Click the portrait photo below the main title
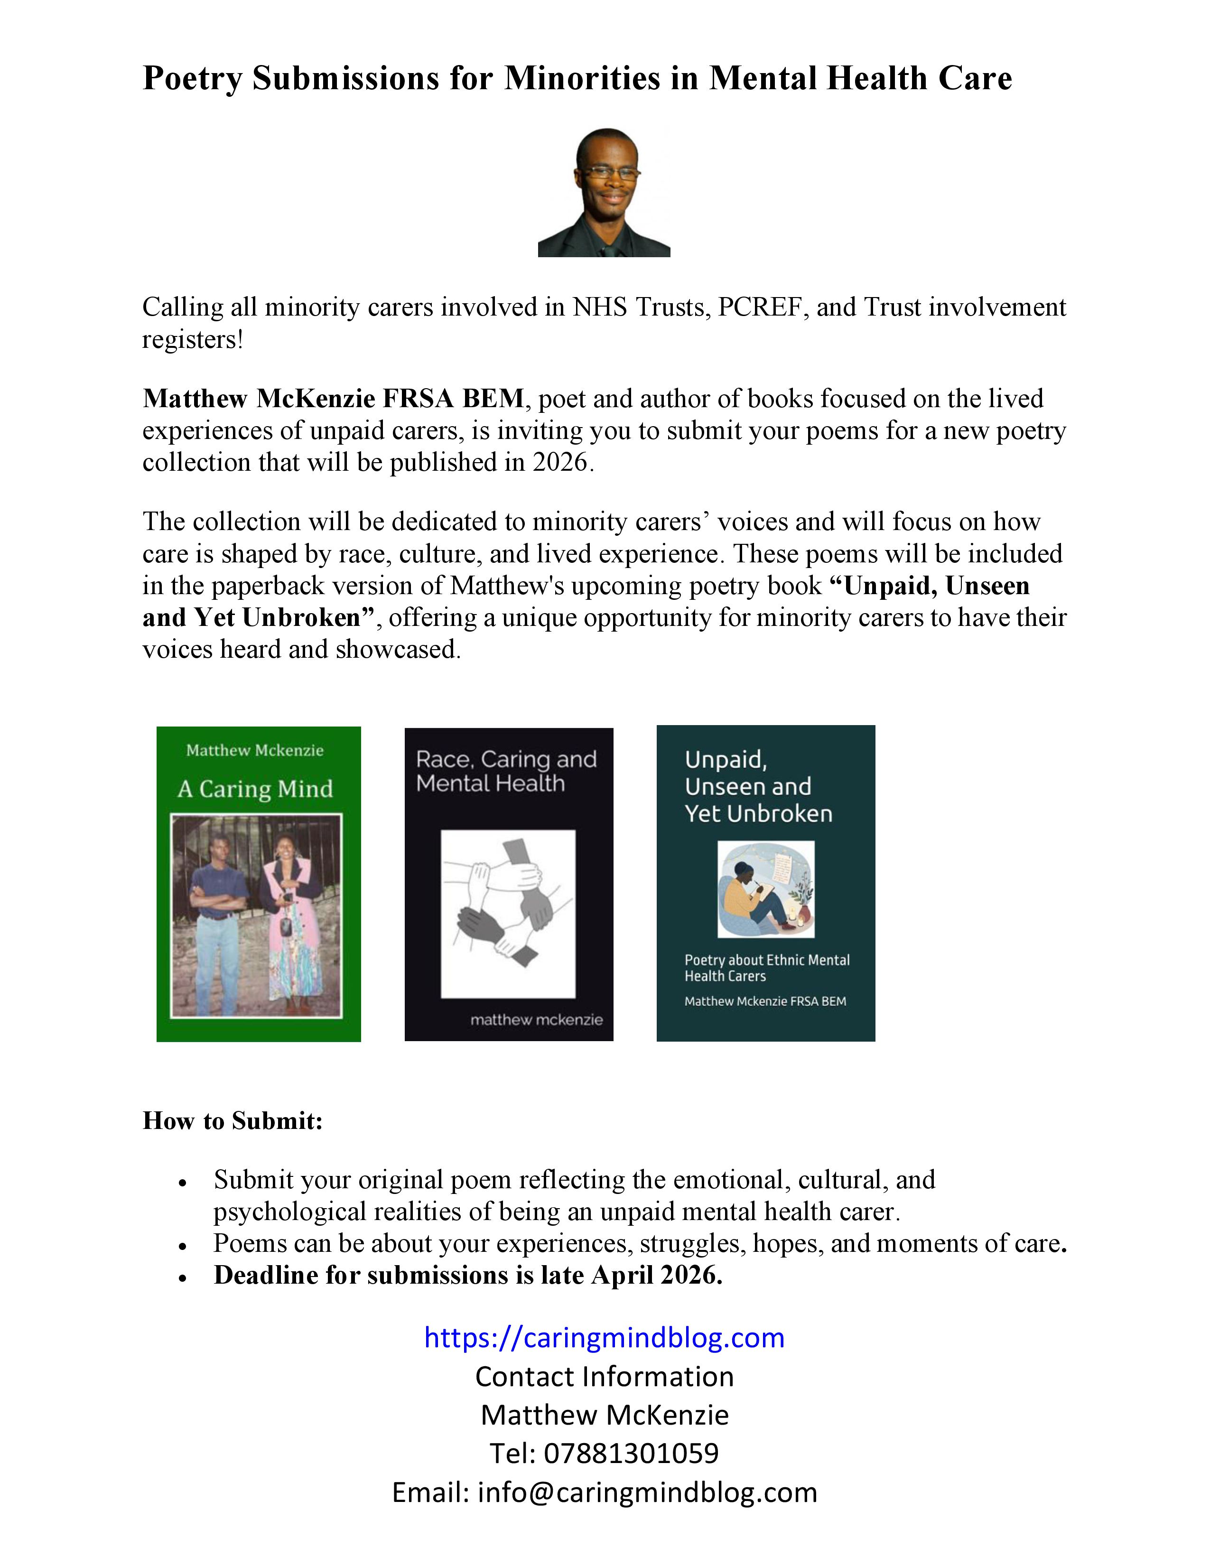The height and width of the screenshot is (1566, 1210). coord(604,192)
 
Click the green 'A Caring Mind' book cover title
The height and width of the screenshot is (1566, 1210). coord(255,789)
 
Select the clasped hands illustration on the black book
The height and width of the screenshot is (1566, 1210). coord(508,913)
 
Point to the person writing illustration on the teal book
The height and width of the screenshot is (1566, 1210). coord(765,889)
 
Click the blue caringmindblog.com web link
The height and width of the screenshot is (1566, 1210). coord(604,1337)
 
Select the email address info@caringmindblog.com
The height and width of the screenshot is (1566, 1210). coord(647,1492)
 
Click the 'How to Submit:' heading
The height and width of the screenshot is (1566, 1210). coord(232,1121)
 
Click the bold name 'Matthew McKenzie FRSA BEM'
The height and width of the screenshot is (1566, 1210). coord(333,399)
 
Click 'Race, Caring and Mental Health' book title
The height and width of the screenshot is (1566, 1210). coord(506,771)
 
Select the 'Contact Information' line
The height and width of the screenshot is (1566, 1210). coord(604,1377)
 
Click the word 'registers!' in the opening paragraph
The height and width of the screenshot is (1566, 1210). coord(193,339)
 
